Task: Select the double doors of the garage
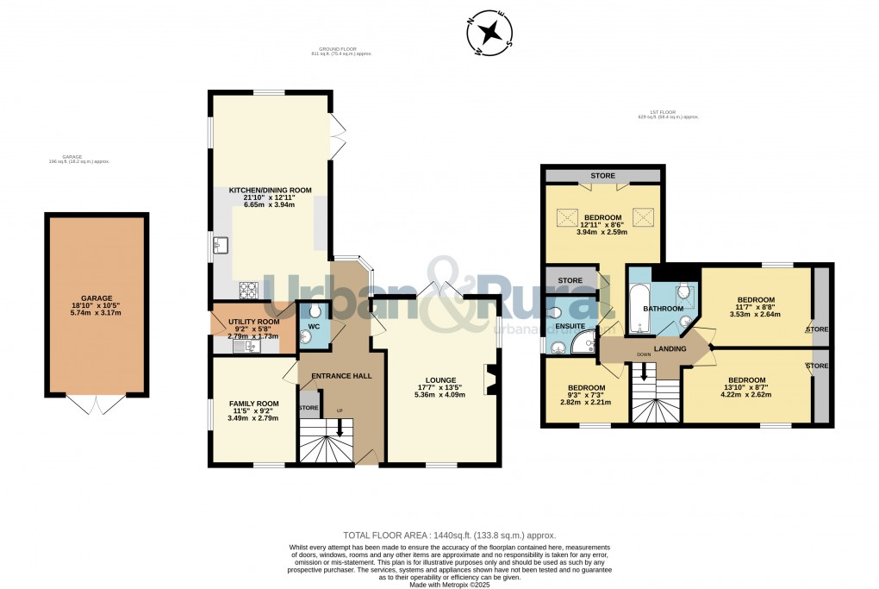98,404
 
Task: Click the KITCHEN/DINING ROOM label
270,190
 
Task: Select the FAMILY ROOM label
253,404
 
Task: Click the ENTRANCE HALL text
341,376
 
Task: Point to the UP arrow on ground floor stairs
340,426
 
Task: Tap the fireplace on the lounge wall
492,379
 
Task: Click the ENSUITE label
570,327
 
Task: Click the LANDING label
670,348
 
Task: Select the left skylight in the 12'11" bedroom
569,215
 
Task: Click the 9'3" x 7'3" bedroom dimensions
586,402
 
